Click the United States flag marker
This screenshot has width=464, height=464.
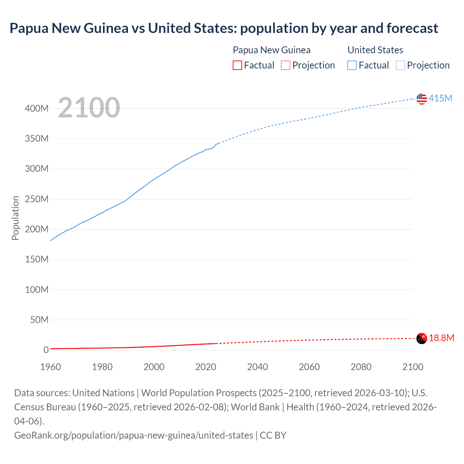coord(422,99)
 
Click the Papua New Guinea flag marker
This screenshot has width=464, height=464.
coord(422,338)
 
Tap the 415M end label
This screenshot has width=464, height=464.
coord(440,98)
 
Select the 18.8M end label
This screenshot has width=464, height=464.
coord(442,338)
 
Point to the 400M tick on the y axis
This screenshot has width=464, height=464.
coord(37,108)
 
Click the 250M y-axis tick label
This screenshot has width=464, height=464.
coord(37,199)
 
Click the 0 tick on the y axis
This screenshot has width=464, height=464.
coord(46,350)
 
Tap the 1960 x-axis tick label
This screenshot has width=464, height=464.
coord(50,367)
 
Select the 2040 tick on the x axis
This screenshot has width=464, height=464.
coord(257,367)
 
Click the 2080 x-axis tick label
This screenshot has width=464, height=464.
coord(361,367)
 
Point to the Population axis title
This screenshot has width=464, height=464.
coord(15,218)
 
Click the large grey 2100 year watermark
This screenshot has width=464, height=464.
coord(89,108)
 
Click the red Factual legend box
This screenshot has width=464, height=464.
coord(237,65)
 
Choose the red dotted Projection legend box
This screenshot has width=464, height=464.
coord(286,65)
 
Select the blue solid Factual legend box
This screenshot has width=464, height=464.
coord(352,65)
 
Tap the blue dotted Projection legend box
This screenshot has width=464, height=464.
coord(401,65)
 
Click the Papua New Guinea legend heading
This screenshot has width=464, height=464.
coord(272,50)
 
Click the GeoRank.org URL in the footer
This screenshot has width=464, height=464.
coord(133,435)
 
